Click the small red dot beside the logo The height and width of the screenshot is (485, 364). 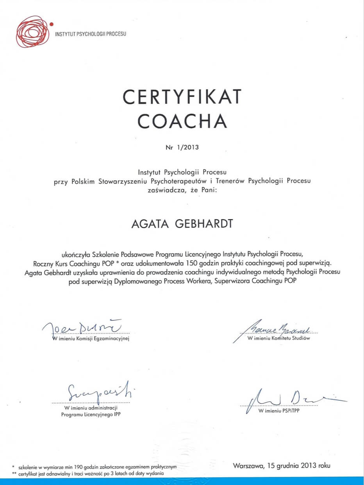coord(52,24)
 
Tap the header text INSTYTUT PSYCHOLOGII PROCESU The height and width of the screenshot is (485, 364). coord(91,34)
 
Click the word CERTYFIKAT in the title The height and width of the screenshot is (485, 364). coord(182,97)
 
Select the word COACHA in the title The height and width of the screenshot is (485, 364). coord(182,121)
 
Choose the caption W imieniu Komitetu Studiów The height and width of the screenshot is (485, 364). coord(278,338)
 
